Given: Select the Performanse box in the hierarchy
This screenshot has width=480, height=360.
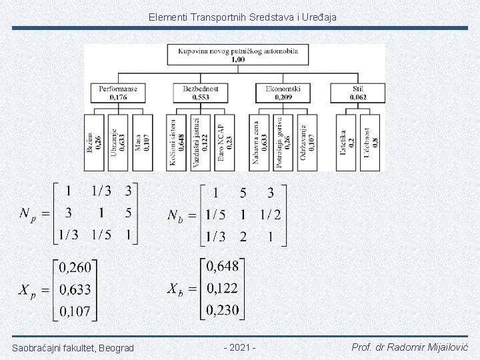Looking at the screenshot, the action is click(118, 93).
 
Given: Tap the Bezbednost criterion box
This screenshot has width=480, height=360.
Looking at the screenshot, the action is click(201, 93).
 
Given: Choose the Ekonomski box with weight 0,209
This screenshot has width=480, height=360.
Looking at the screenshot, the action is click(283, 93).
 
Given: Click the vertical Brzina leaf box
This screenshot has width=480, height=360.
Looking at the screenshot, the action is click(95, 142).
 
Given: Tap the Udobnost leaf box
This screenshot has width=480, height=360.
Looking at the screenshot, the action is click(371, 142).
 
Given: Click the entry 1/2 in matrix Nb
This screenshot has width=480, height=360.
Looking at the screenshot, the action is click(271, 214).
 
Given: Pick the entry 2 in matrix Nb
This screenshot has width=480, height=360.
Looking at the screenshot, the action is click(243, 236).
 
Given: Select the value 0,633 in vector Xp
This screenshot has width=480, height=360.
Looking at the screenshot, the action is click(75, 290).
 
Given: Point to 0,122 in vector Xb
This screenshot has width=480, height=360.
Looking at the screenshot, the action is click(222, 289).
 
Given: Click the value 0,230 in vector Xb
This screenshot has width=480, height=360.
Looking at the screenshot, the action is click(222, 310).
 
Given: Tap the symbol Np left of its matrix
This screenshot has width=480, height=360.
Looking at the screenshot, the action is click(27, 215).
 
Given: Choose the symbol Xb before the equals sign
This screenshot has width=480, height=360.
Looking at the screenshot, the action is click(175, 290).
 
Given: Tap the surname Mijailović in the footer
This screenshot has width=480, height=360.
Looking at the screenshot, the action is click(444, 348).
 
